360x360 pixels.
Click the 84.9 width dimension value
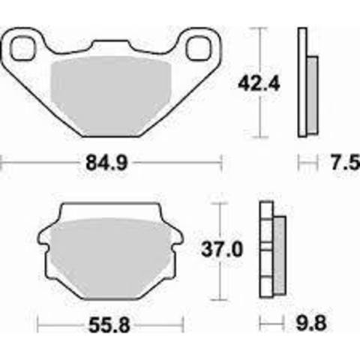111,160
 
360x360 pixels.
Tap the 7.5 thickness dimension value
338,160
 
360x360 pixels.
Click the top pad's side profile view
305,82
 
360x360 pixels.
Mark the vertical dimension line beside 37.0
219,252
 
